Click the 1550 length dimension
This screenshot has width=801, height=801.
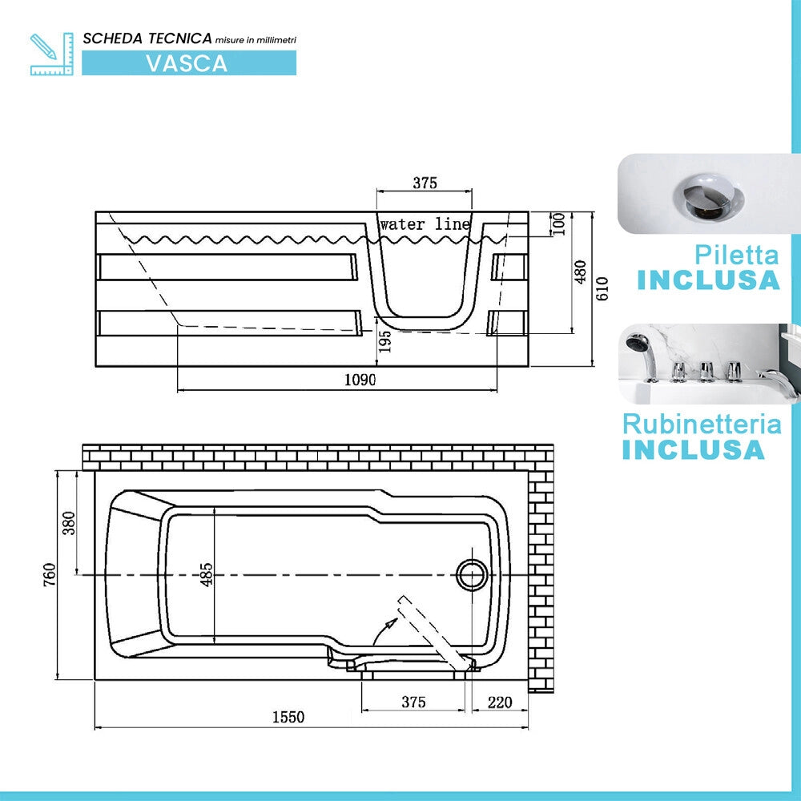click(288, 717)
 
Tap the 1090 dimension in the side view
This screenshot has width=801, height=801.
click(360, 380)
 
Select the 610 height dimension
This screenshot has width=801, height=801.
click(602, 288)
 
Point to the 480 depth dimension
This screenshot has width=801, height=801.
click(580, 272)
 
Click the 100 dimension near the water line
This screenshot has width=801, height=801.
click(559, 223)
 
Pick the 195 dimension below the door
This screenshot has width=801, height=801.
click(385, 340)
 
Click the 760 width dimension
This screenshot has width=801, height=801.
click(49, 574)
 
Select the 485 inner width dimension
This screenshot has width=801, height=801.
click(206, 574)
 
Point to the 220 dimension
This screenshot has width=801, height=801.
click(500, 702)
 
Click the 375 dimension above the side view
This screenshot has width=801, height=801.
click(425, 183)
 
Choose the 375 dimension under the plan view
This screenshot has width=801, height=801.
click(413, 702)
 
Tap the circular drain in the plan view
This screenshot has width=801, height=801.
click(472, 575)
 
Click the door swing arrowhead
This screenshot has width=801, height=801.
click(392, 622)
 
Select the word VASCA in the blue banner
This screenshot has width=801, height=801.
click(187, 63)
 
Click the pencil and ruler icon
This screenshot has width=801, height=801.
click(51, 54)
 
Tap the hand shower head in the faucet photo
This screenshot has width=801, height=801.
click(637, 342)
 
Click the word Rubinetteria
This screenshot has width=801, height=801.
click(702, 425)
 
